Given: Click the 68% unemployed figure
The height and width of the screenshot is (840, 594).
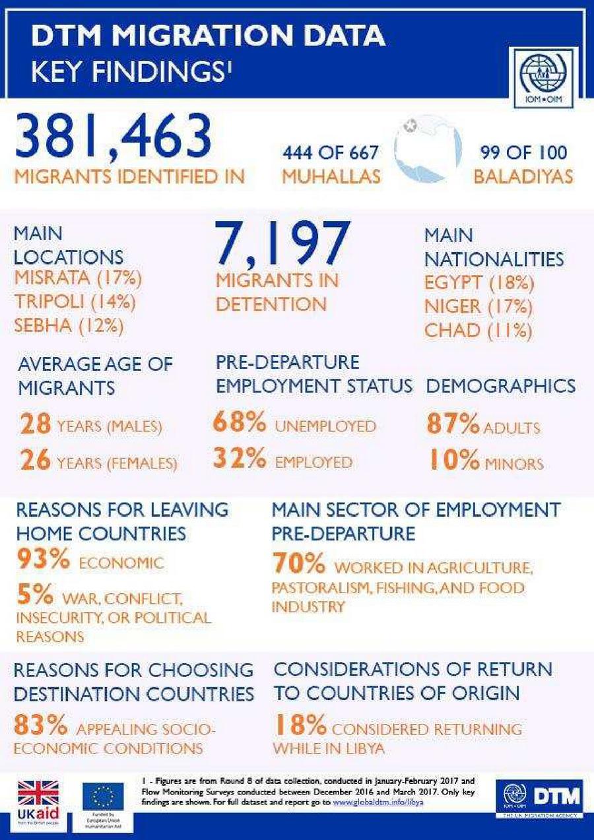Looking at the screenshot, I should [x=239, y=424].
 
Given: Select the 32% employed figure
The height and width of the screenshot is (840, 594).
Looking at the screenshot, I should [x=239, y=461].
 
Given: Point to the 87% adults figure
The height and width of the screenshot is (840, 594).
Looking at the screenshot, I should [x=453, y=426].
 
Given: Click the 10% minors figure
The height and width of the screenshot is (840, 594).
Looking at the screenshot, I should [x=453, y=461].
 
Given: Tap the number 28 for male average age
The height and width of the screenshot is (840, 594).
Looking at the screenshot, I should [x=35, y=425].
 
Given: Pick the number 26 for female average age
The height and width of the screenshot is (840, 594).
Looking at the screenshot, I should [x=35, y=461].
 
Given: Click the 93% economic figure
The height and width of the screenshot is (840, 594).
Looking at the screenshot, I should [x=43, y=561].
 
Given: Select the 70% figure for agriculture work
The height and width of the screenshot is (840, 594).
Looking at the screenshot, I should [x=298, y=564].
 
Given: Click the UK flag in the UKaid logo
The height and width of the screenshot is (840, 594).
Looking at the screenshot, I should [x=38, y=792].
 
